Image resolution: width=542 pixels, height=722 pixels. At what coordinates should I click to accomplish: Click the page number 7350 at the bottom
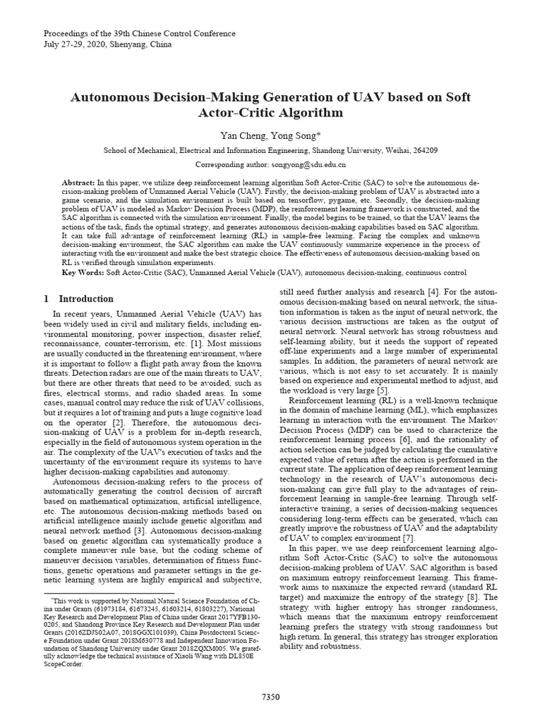point(270,697)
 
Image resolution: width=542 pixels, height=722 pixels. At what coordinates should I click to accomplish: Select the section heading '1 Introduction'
point(78,299)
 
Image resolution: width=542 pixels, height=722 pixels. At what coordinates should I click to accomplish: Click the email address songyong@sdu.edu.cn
point(309,164)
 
